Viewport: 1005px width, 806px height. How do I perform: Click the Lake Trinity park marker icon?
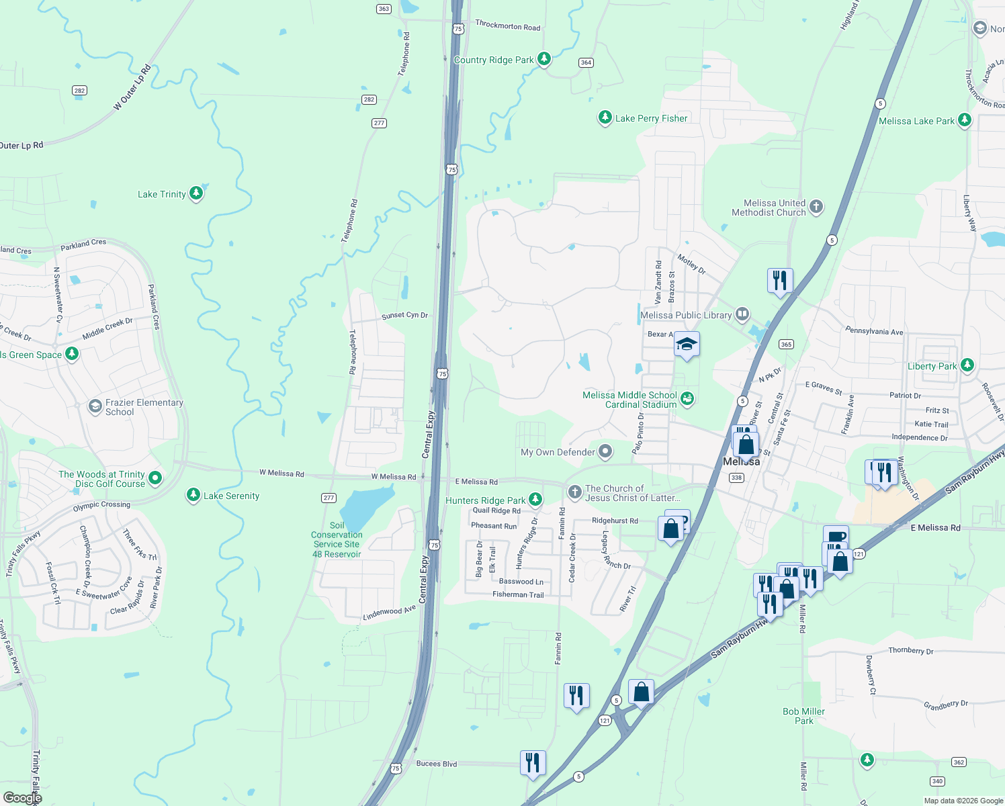coord(196,193)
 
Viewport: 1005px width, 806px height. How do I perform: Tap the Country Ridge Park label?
coord(494,60)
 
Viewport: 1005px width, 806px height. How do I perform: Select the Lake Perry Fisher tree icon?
coord(605,118)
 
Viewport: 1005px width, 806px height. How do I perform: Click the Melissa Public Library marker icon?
coord(742,314)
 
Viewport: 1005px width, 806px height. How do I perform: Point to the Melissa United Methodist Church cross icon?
coord(816,207)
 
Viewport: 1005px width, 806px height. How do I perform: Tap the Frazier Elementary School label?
coord(144,407)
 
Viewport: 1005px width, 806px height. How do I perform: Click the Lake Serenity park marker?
coord(193,495)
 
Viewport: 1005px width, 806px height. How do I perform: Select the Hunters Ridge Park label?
coord(485,500)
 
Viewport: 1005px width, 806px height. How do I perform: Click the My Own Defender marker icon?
coord(605,451)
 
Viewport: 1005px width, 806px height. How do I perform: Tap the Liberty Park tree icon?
coord(967,365)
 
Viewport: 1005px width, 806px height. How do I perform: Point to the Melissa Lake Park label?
coord(916,121)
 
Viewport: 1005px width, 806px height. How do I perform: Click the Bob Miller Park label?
coord(803,716)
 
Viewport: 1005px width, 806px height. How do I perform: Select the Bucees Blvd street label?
coord(437,764)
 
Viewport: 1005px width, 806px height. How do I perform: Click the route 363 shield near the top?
coord(384,9)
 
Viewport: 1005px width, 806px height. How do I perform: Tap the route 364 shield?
coord(586,62)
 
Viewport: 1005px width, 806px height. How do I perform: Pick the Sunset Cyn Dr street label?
coord(404,315)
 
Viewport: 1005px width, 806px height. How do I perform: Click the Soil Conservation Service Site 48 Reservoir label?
coord(337,540)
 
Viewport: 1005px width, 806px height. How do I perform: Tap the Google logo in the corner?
coord(22,798)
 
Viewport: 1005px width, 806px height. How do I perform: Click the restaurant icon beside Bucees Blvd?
coord(533,763)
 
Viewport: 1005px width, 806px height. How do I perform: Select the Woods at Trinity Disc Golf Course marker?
coord(155,478)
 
